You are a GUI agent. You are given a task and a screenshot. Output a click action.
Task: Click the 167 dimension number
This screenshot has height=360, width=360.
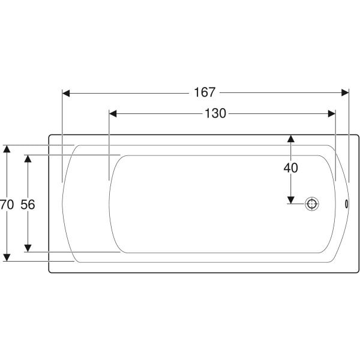pyautogui.click(x=205, y=92)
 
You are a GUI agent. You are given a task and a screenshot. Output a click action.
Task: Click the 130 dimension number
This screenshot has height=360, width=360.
pyautogui.click(x=215, y=113)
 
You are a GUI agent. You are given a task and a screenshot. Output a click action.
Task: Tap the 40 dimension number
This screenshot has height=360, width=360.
pyautogui.click(x=290, y=168)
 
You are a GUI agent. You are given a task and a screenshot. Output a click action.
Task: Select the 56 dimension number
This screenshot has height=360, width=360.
pyautogui.click(x=28, y=205)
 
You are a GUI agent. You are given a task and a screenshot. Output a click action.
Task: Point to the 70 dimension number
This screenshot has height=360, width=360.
pyautogui.click(x=7, y=205)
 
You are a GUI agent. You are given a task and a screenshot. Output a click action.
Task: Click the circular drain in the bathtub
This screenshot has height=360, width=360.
pyautogui.click(x=312, y=204)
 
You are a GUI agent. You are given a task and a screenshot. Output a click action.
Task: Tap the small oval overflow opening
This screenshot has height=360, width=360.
pyautogui.click(x=346, y=204)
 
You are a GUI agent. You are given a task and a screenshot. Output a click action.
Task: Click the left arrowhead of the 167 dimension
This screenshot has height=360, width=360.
pyautogui.click(x=66, y=93)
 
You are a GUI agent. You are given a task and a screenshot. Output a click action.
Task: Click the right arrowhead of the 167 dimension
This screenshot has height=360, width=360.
pyautogui.click(x=345, y=93)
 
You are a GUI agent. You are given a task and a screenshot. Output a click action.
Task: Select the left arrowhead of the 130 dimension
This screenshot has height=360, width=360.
pyautogui.click(x=113, y=113)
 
